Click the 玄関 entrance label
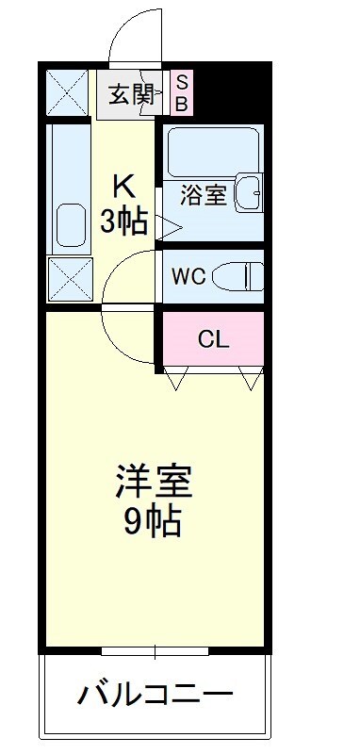(x=131, y=94)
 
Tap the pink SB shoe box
(x=181, y=93)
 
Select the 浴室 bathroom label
(x=203, y=195)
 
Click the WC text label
(x=188, y=276)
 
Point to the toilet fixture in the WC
(x=237, y=276)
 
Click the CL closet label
(x=214, y=340)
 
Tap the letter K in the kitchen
(x=123, y=188)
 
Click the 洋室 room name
(x=154, y=481)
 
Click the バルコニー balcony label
(x=155, y=694)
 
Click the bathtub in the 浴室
(x=213, y=152)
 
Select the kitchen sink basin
(x=71, y=225)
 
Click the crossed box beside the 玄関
(x=67, y=92)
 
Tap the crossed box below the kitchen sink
(x=70, y=279)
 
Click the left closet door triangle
(x=175, y=378)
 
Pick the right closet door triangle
(x=251, y=378)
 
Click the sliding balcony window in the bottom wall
(x=155, y=651)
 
